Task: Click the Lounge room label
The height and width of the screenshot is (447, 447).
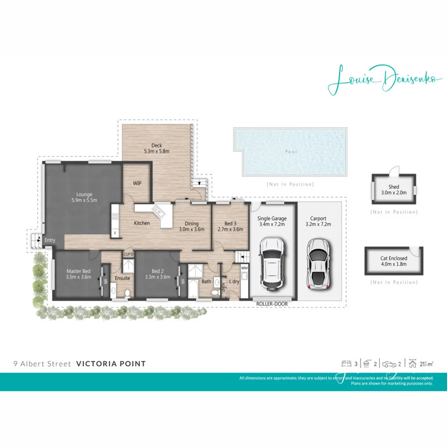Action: [x=84, y=194]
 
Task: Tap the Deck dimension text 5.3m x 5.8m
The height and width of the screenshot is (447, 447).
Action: [x=156, y=151]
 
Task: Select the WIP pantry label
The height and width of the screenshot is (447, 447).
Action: [x=137, y=183]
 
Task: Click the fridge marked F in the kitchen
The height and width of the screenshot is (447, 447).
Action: [x=115, y=233]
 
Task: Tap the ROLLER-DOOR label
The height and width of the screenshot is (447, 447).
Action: [x=272, y=303]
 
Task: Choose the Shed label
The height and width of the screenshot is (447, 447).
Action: [x=394, y=187]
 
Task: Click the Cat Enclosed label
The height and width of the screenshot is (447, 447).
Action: [x=393, y=258]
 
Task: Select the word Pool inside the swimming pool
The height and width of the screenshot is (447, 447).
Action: [x=291, y=152]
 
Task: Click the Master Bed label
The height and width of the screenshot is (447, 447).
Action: [x=78, y=272]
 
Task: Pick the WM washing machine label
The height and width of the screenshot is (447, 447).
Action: [x=244, y=268]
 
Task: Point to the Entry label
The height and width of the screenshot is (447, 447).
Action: [x=50, y=240]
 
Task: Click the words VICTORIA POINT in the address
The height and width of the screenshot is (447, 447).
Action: [x=111, y=364]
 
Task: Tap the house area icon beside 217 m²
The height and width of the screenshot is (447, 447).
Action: [x=413, y=364]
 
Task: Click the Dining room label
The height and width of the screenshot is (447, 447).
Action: [x=192, y=223]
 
